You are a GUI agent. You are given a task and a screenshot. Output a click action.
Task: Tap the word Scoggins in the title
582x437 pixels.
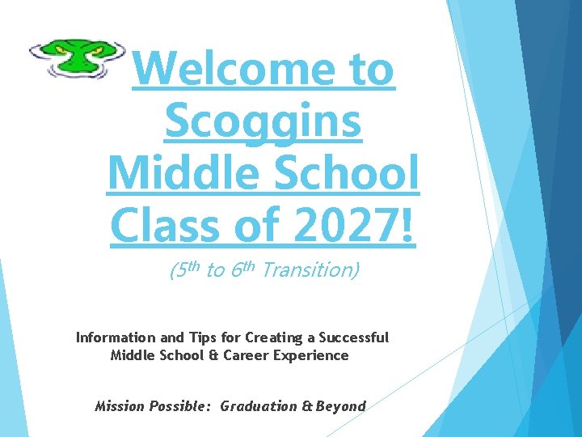(263, 123)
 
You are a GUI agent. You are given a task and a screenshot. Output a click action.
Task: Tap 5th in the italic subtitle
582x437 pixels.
(184, 270)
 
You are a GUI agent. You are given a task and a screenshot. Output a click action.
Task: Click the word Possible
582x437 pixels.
(183, 406)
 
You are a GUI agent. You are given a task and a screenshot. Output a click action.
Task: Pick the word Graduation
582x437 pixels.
(258, 406)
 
